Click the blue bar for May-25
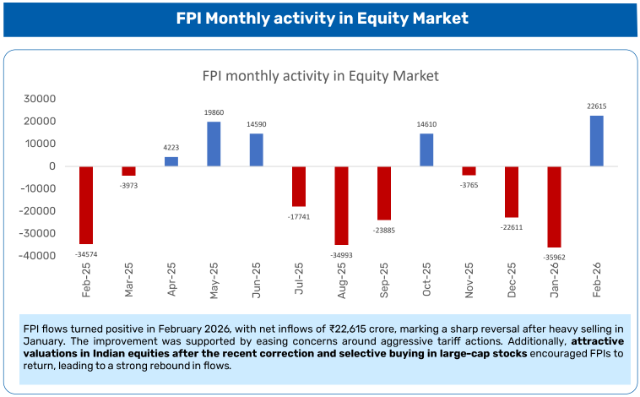214,144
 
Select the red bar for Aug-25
342,205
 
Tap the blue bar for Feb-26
596,140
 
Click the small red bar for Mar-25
128,171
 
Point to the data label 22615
596,106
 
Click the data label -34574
86,253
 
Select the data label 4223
171,148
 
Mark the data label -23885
384,229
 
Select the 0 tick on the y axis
52,166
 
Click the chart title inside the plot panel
320,75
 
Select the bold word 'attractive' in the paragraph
601,340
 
